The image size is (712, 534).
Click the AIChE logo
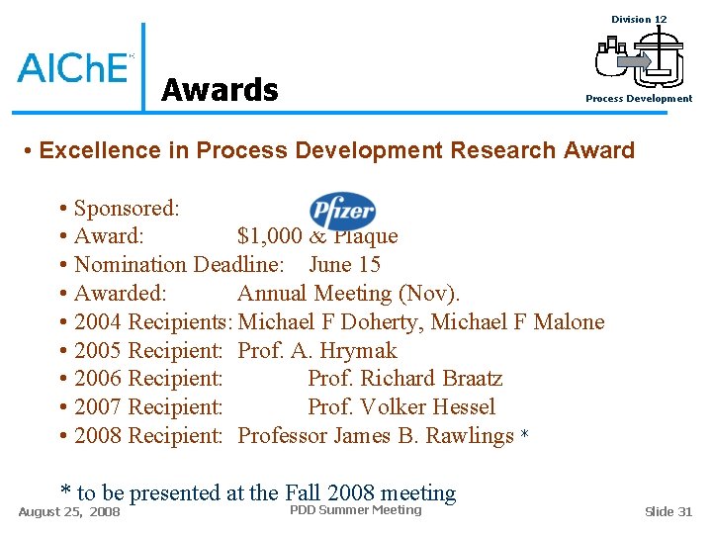(73, 66)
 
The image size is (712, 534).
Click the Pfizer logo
(342, 210)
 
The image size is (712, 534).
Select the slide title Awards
(220, 90)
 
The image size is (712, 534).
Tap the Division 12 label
(639, 19)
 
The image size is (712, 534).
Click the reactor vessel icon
(639, 57)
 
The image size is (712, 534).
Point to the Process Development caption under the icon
(639, 99)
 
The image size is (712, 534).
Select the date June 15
(344, 265)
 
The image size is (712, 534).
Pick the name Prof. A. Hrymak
(317, 351)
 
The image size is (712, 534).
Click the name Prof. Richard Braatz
(404, 379)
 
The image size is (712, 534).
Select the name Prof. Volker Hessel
(401, 407)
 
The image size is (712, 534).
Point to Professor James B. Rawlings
(376, 436)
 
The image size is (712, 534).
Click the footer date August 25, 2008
(69, 512)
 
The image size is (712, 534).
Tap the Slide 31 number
(668, 511)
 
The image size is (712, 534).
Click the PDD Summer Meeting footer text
(355, 510)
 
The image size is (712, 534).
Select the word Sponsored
(126, 209)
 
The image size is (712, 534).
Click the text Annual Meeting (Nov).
(348, 294)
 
